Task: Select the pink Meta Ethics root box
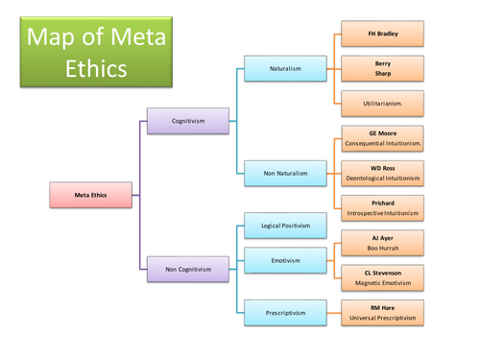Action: (91, 195)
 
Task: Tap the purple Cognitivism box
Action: (187, 121)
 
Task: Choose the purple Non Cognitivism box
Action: (187, 269)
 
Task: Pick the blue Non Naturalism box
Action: (285, 173)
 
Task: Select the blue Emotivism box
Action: (285, 259)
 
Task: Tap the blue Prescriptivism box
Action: (285, 312)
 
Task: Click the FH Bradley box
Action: (383, 34)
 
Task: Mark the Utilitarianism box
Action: (383, 100)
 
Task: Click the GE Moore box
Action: (383, 137)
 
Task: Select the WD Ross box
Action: (383, 173)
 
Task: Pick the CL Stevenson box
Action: (383, 276)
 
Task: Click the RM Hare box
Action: (383, 312)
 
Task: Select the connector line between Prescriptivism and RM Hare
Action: (329, 312)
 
